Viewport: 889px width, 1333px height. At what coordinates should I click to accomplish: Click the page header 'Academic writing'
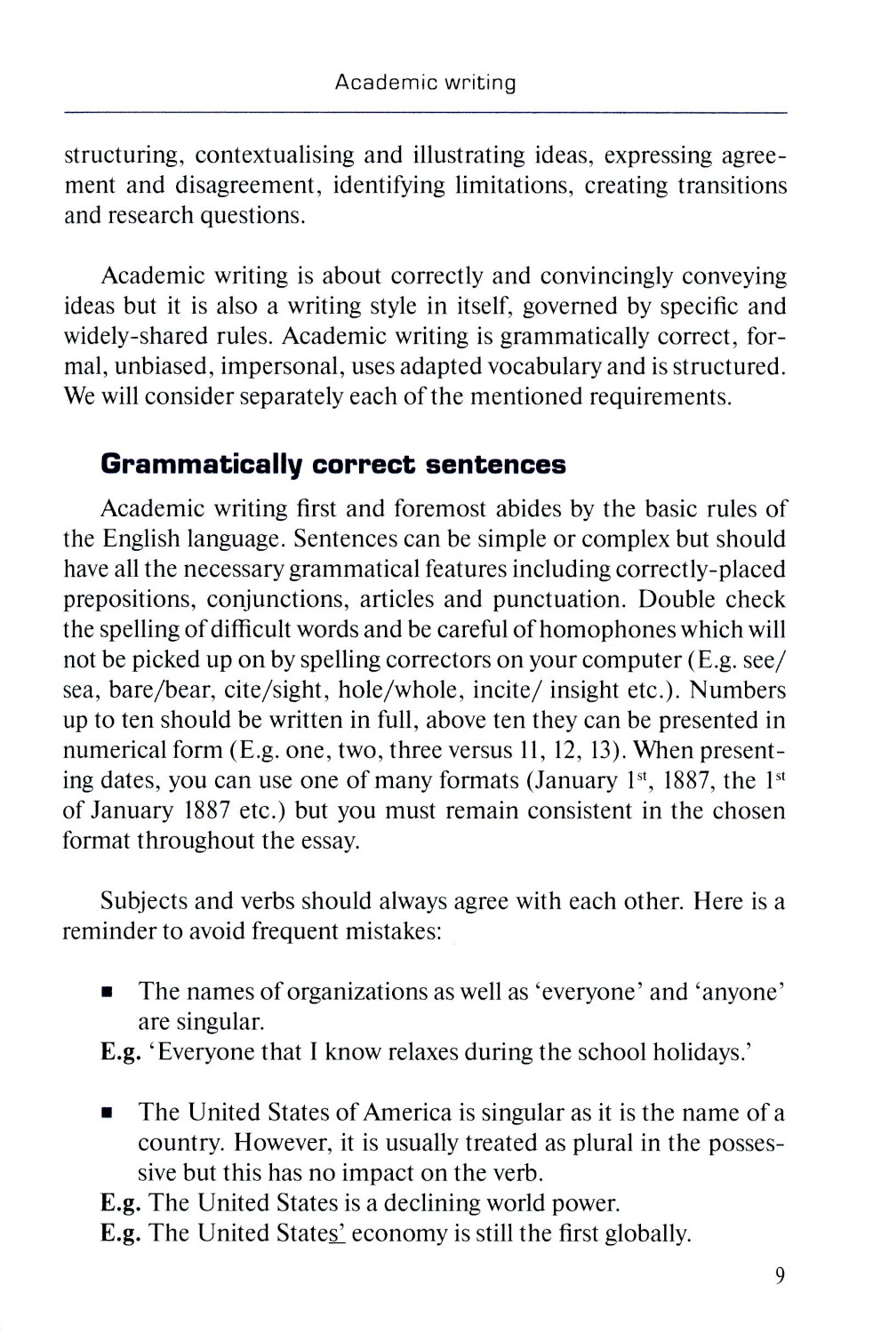426,84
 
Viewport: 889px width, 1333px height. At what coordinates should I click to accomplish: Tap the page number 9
780,1277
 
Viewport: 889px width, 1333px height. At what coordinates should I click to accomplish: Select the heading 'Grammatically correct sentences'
333,465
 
